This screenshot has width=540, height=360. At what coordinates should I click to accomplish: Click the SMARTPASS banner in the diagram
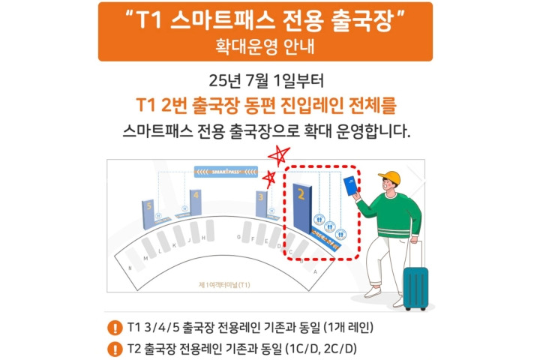[225, 171]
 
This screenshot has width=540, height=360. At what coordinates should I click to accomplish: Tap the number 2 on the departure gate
[301, 196]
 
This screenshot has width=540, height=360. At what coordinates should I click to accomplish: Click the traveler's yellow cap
[390, 178]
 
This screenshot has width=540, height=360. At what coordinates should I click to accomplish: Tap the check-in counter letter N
[132, 268]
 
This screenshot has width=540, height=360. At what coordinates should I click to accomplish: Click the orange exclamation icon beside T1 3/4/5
[114, 328]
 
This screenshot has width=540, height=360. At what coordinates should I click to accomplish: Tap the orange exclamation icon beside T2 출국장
[114, 348]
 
